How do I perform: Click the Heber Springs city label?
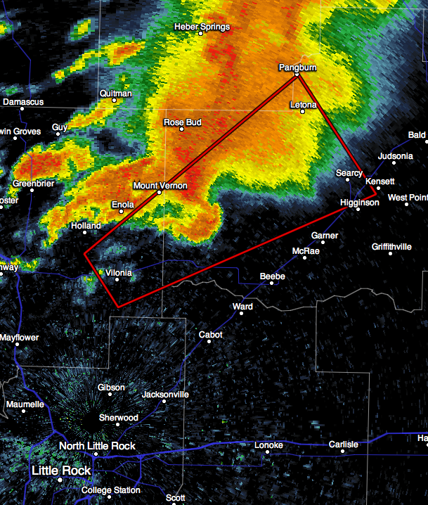[202, 27]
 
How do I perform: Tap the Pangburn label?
[297, 67]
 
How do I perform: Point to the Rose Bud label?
[182, 122]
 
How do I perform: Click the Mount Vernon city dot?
[160, 193]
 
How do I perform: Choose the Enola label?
[122, 204]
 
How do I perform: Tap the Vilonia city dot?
[117, 279]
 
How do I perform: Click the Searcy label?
[349, 173]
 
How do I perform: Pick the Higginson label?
[359, 203]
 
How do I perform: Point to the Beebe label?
[272, 276]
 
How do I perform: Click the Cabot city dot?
[209, 343]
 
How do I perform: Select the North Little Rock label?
[97, 446]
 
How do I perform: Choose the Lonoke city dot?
[268, 453]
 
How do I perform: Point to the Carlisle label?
[343, 444]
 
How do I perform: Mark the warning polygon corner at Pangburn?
[298, 75]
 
